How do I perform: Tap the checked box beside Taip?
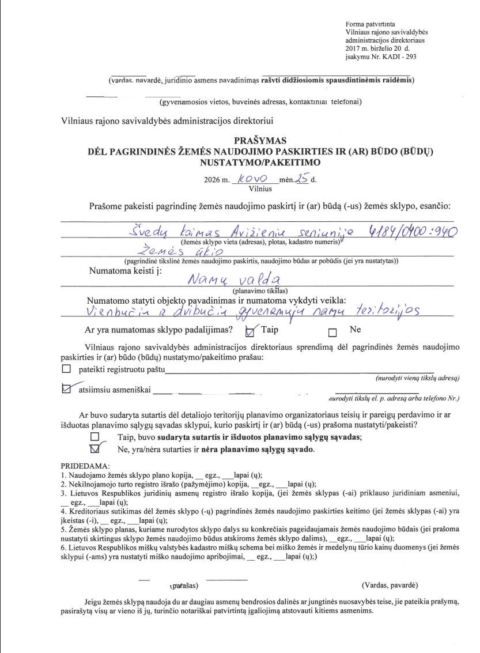[250, 331]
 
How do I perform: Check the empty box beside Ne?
[332, 332]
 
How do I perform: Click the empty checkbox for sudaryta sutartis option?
[95, 436]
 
